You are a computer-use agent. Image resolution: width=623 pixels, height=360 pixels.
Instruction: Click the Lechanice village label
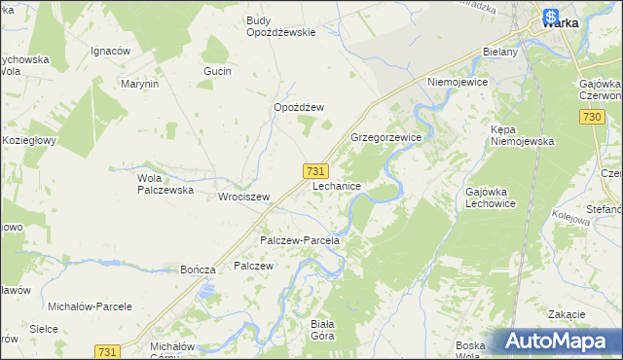(338, 185)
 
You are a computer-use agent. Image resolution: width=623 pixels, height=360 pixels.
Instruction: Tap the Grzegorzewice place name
(385, 138)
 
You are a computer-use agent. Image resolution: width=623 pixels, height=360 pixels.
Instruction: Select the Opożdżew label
(298, 107)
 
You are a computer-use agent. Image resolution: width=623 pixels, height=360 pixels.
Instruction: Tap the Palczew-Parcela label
(299, 240)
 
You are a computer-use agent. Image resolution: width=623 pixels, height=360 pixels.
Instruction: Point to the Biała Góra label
(321, 330)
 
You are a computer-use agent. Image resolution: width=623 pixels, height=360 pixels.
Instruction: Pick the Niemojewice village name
(457, 83)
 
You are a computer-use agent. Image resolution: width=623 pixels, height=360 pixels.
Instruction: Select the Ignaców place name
(110, 50)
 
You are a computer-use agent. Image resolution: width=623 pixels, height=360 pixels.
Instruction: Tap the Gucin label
(216, 72)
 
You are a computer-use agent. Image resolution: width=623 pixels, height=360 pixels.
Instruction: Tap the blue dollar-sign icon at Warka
(551, 17)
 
